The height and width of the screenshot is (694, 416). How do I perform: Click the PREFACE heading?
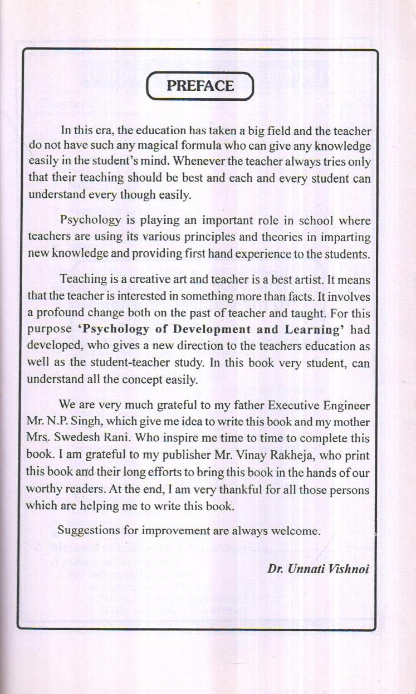(200, 86)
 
